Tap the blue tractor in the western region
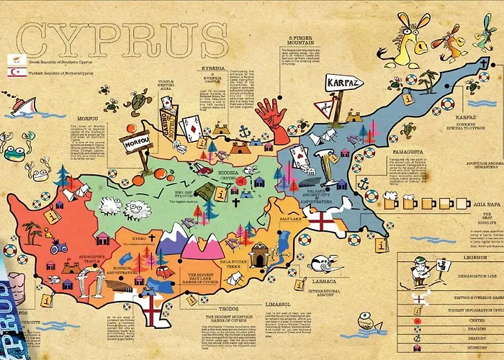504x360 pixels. tap(60, 247)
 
